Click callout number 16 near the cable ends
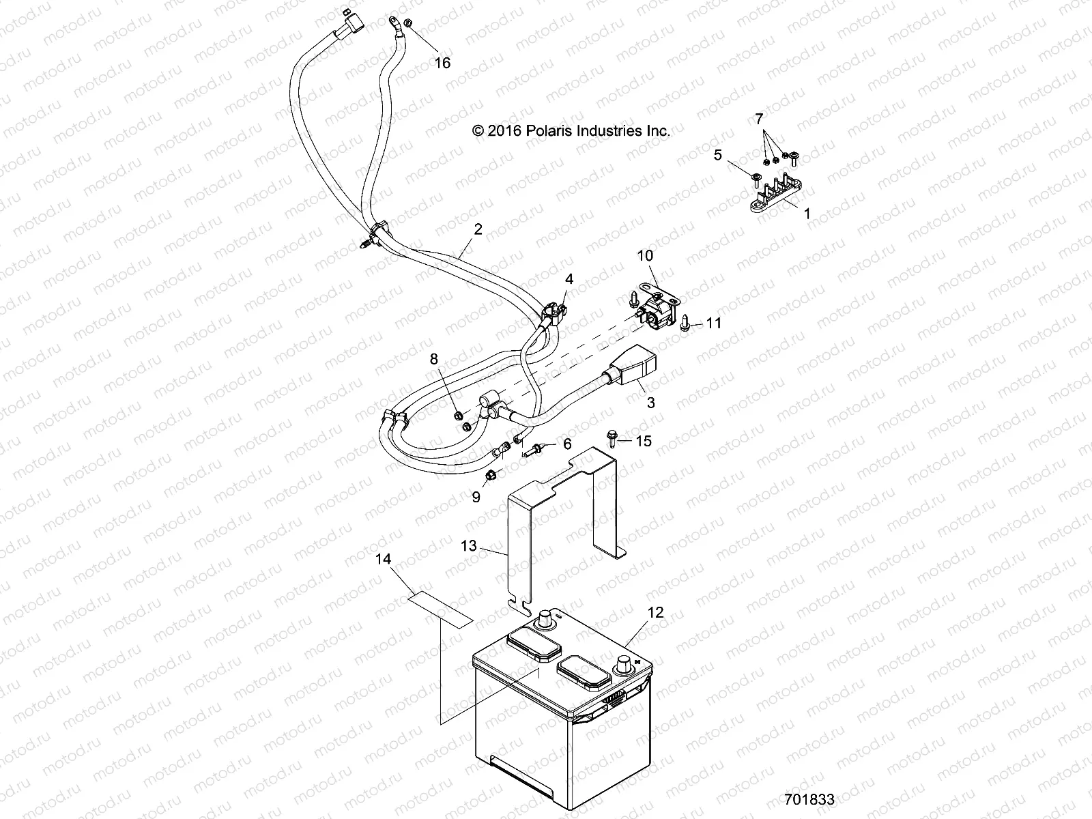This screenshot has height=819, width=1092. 443,63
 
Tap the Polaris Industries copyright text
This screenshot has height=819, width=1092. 572,130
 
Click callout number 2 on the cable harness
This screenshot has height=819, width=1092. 478,229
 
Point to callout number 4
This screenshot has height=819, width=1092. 569,278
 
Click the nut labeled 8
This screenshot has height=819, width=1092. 459,416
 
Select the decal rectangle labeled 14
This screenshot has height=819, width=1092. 440,609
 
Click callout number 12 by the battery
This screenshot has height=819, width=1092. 655,612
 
